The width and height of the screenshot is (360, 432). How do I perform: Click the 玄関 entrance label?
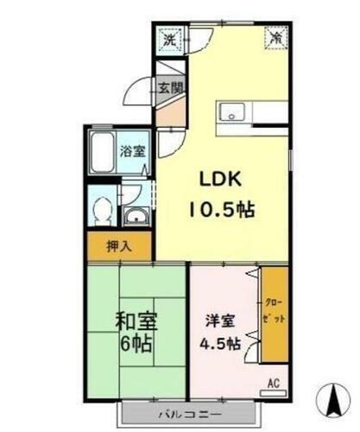click(170, 87)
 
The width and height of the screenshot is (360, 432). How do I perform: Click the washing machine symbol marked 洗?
click(170, 39)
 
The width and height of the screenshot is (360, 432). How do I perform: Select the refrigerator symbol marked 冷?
click(275, 38)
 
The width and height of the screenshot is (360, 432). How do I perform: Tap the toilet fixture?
click(104, 208)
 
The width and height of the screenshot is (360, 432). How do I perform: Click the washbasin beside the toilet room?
click(136, 216)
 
